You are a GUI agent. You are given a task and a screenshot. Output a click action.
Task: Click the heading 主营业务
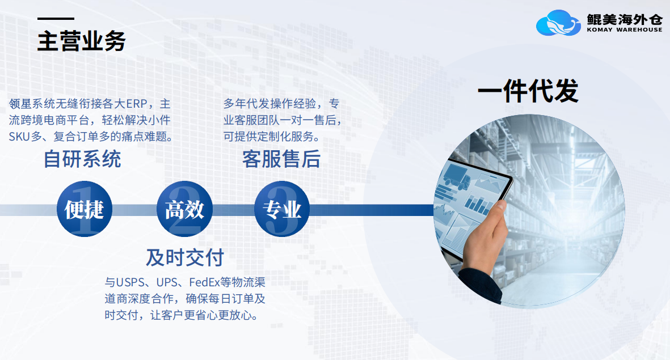[82, 41]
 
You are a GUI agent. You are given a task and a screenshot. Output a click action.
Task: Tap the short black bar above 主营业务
[56, 19]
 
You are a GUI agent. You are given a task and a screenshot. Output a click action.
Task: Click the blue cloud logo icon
[558, 23]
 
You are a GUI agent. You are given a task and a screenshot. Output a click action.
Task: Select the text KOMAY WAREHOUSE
[624, 30]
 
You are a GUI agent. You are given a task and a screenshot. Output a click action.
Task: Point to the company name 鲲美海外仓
[624, 19]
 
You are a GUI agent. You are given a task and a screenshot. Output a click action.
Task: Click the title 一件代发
[528, 91]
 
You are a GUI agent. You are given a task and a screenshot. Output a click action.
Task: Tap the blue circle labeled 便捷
[84, 209]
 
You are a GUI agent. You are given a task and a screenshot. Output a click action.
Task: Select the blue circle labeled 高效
[184, 209]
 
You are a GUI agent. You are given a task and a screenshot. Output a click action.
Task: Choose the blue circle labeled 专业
[282, 209]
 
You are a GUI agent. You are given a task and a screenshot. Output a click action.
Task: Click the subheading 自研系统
[82, 159]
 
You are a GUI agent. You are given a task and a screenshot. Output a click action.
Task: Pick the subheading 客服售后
[281, 159]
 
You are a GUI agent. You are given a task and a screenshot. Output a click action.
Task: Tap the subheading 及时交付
[185, 257]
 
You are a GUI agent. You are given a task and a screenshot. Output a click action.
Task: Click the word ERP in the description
[137, 104]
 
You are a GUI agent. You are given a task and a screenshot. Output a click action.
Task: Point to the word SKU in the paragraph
[19, 137]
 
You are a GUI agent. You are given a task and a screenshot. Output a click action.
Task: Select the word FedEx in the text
[204, 282]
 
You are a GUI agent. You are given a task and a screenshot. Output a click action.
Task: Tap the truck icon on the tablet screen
[457, 177]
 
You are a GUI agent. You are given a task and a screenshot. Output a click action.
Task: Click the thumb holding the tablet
[495, 215]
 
